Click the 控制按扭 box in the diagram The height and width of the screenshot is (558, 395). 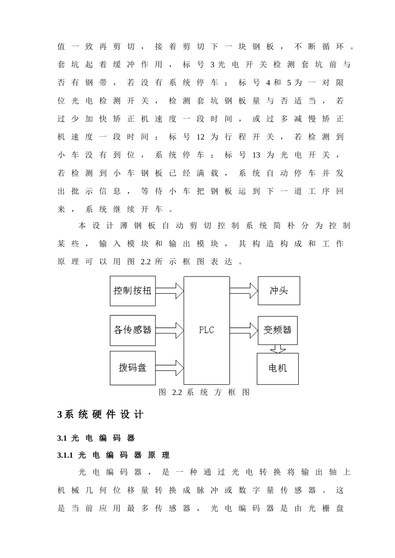click(133, 291)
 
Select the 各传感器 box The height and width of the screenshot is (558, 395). click(133, 330)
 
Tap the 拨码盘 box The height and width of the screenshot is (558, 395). click(133, 367)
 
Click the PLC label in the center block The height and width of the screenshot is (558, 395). click(206, 330)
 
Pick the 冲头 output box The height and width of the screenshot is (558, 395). click(279, 290)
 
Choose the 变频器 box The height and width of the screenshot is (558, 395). click(277, 330)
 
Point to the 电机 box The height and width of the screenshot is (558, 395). click(277, 368)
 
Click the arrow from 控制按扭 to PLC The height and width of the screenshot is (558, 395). click(170, 291)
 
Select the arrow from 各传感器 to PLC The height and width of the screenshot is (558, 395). click(170, 330)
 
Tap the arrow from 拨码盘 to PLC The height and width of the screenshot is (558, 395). click(170, 368)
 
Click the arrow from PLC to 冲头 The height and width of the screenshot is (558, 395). click(244, 290)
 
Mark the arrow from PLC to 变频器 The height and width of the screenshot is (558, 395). click(244, 330)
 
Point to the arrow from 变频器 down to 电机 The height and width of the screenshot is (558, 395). click(277, 349)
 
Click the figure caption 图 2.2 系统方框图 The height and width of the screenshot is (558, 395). click(204, 392)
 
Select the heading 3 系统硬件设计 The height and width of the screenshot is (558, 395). click(100, 414)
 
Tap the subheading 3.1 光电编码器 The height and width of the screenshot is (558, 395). click(96, 438)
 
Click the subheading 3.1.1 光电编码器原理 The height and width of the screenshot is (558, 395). click(114, 455)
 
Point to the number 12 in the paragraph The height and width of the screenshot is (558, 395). click(200, 137)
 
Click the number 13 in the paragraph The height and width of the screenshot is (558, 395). click(256, 155)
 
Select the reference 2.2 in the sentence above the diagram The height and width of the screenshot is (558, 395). click(145, 262)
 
